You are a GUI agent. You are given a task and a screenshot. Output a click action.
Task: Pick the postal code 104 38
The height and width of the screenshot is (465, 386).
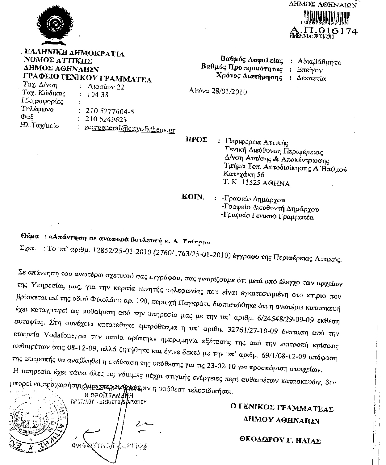point(98,95)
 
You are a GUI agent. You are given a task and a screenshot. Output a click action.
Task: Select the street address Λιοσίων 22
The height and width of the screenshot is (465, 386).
point(106,87)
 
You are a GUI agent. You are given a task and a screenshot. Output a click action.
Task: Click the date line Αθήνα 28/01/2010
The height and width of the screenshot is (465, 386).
point(218,91)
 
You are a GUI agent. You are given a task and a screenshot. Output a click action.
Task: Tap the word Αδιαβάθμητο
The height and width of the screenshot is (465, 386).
point(319,62)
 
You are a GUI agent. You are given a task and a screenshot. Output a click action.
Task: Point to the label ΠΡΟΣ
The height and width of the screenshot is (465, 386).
point(196,140)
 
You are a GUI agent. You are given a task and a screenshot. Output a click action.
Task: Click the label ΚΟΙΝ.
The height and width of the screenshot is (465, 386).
point(193,197)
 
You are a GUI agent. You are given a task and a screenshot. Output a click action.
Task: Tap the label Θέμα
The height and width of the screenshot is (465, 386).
point(30,237)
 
